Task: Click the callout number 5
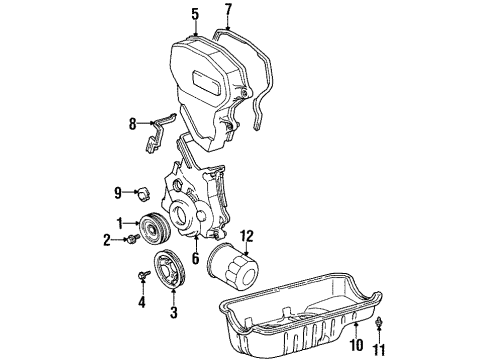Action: tap(196, 14)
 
